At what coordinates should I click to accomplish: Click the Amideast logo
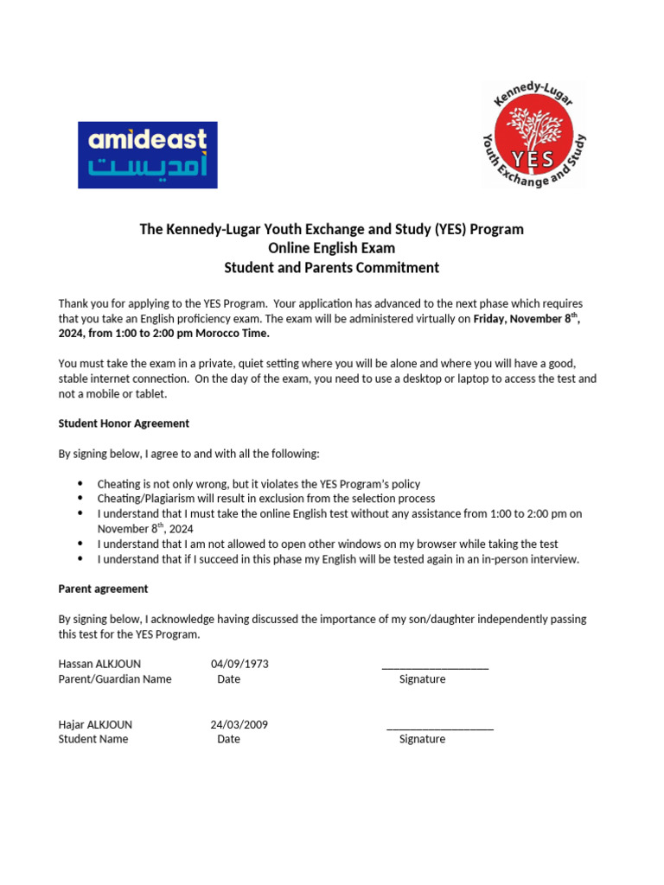point(148,155)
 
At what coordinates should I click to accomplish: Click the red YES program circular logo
point(533,135)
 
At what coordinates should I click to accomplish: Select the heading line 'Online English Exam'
point(331,249)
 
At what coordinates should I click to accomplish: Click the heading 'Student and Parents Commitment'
point(331,268)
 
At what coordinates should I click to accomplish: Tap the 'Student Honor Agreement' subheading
point(124,423)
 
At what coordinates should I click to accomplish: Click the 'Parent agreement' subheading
point(103,589)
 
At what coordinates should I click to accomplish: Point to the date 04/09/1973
point(239,664)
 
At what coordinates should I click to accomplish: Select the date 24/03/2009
point(239,724)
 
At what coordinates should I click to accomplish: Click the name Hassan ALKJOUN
point(99,664)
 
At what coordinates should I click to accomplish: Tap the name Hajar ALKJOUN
point(95,724)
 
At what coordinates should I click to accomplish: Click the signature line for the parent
point(435,667)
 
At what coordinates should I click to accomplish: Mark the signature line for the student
point(440,728)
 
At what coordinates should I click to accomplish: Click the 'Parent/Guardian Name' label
point(115,679)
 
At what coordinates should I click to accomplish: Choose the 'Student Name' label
point(93,739)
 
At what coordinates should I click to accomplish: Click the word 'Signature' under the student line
point(422,739)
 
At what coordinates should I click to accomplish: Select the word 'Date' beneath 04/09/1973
point(228,679)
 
